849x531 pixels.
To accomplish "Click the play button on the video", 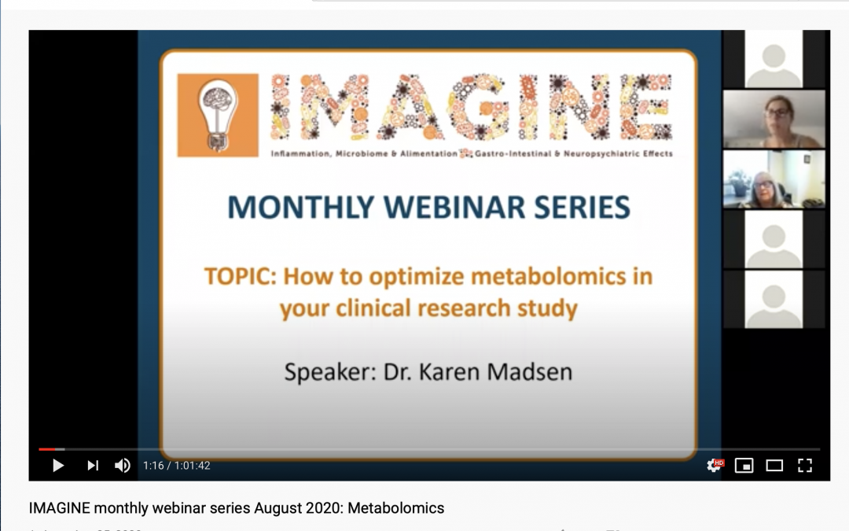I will point(58,466).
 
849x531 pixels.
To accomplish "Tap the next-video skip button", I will point(93,466).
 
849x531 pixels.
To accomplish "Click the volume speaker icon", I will point(123,466).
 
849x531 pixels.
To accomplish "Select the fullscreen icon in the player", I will point(804,466).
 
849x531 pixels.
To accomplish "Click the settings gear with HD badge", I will point(714,466).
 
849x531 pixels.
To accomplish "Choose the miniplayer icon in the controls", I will point(744,466).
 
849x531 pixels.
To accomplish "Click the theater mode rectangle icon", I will point(774,466).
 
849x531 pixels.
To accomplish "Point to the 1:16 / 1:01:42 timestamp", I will point(176,466).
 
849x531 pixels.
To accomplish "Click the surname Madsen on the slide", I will point(530,371).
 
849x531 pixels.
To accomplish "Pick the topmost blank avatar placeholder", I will point(774,60).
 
